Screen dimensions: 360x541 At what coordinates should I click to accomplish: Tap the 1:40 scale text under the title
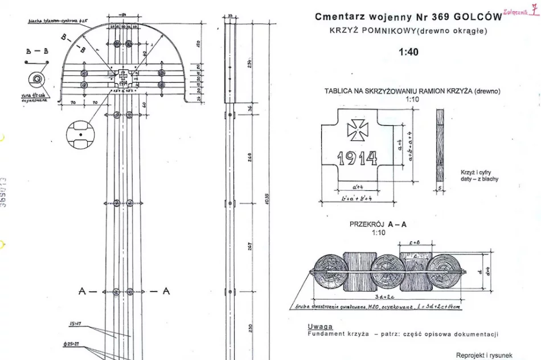click(408, 52)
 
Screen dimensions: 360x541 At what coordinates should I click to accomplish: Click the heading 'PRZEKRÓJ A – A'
click(378, 224)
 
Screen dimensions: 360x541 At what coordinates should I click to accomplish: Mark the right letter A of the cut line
click(166, 291)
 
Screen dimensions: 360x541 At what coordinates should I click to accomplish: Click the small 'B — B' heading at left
click(37, 51)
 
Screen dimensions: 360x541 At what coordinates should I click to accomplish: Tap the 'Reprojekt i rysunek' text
click(484, 355)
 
